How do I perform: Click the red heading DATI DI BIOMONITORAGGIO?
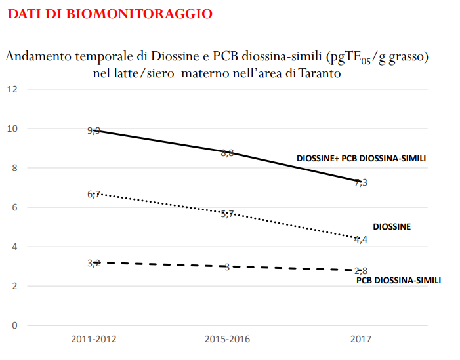point(110,14)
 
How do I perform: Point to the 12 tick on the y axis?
point(12,89)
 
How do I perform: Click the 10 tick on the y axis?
point(12,129)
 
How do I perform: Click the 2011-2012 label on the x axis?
point(94,339)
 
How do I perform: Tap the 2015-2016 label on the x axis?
point(227,339)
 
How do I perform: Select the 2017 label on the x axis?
point(360,339)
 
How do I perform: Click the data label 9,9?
point(94,130)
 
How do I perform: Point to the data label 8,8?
point(227,153)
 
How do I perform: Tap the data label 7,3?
point(361,182)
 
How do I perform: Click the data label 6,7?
point(94,194)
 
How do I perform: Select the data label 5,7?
point(227,214)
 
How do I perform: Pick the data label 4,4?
point(361,239)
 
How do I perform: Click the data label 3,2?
point(94,263)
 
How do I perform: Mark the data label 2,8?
point(361,271)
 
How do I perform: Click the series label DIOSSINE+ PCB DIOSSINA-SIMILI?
point(366,159)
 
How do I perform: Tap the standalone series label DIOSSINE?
point(392,226)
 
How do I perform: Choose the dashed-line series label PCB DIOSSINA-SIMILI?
point(398,280)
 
